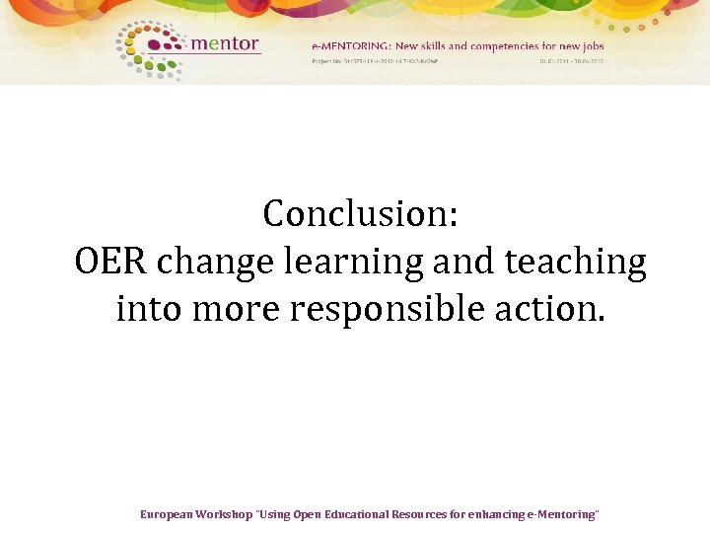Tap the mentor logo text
pos(224,43)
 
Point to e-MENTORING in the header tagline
pos(352,45)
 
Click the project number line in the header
pos(374,61)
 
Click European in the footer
pos(166,515)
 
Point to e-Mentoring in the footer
pos(562,515)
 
